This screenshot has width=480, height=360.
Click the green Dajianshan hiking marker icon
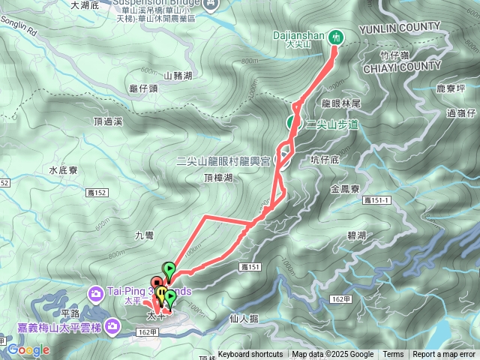337,36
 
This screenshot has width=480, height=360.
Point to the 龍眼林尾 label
341,103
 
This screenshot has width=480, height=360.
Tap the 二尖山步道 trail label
333,124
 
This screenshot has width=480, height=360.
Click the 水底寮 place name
64,170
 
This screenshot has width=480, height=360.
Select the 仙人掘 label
244,318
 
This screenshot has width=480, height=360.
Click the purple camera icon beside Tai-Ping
97,292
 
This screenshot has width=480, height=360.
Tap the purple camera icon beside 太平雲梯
112,326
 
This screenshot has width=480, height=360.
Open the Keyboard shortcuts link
250,355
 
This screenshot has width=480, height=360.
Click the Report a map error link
443,355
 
